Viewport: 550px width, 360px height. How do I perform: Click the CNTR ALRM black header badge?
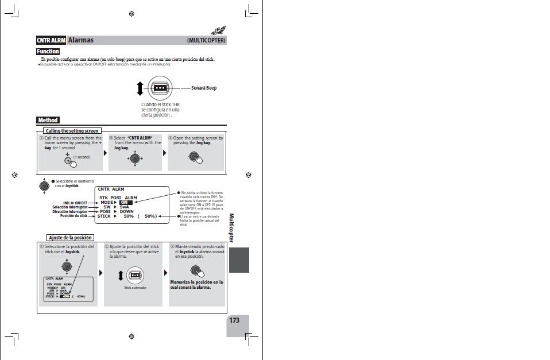point(51,40)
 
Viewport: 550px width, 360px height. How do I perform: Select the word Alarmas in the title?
point(81,40)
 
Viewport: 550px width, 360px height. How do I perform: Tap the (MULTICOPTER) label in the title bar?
point(206,41)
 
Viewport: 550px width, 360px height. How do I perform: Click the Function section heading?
point(49,52)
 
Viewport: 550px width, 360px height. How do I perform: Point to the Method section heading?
point(48,120)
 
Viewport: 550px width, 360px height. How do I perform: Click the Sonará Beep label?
point(204,88)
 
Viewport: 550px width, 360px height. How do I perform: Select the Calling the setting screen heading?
point(72,131)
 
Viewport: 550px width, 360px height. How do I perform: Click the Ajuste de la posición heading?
point(70,238)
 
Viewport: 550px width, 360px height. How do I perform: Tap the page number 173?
point(234,320)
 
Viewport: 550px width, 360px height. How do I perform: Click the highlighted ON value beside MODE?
point(125,203)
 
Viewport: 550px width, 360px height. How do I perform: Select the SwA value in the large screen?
point(125,207)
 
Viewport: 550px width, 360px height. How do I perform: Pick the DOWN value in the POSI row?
point(126,212)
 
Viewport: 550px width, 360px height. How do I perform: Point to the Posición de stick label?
point(74,216)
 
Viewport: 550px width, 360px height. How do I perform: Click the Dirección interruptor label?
point(70,212)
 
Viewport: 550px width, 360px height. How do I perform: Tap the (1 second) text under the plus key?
point(82,157)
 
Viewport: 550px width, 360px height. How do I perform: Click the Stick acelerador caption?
point(135,288)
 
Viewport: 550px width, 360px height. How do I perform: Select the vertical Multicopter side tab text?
point(232,228)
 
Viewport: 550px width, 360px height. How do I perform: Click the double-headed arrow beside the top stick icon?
point(140,88)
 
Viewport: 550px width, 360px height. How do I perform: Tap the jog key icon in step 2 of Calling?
point(135,158)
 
